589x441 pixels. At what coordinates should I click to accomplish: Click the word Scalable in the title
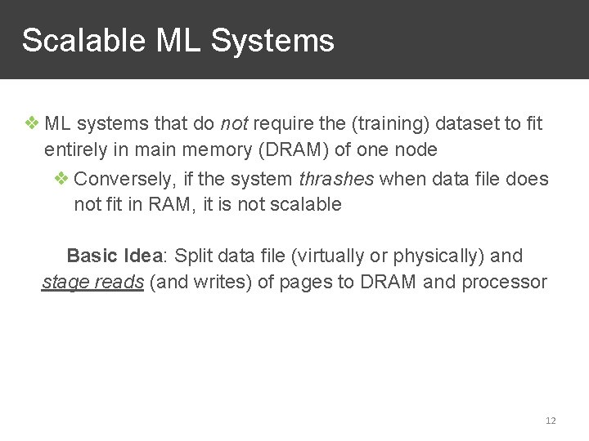73,40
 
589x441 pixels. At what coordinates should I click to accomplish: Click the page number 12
551,421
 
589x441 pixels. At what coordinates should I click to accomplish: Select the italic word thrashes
336,179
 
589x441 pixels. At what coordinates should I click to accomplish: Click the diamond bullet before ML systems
32,124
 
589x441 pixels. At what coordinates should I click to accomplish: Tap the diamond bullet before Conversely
62,179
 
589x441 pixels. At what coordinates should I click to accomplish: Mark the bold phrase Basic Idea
115,256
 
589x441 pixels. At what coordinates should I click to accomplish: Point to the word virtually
323,256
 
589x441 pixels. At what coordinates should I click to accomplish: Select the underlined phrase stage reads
93,283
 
